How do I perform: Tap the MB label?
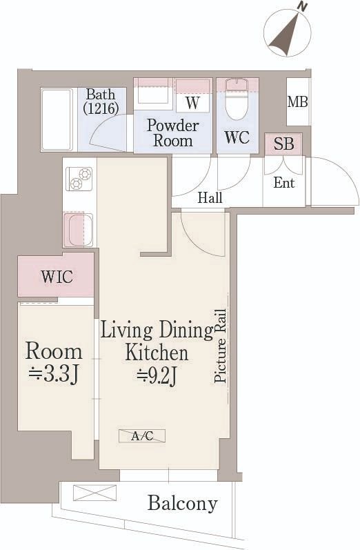pyautogui.click(x=298, y=102)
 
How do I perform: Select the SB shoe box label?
pyautogui.click(x=283, y=144)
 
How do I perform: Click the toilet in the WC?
pyautogui.click(x=237, y=99)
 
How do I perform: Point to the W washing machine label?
pyautogui.click(x=193, y=103)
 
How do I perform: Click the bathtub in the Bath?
pyautogui.click(x=57, y=119)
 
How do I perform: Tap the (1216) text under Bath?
pyautogui.click(x=101, y=108)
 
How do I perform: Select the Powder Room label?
pyautogui.click(x=173, y=133)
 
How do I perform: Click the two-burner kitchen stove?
pyautogui.click(x=79, y=179)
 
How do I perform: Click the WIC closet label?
pyautogui.click(x=57, y=277)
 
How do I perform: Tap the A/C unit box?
pyautogui.click(x=142, y=436)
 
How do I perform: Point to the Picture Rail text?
pyautogui.click(x=221, y=346)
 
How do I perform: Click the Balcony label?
pyautogui.click(x=182, y=503)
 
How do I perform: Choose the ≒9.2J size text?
pyautogui.click(x=157, y=377)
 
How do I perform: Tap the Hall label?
pyautogui.click(x=210, y=198)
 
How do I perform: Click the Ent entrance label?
pyautogui.click(x=284, y=183)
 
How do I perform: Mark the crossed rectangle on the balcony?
pyautogui.click(x=94, y=493)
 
